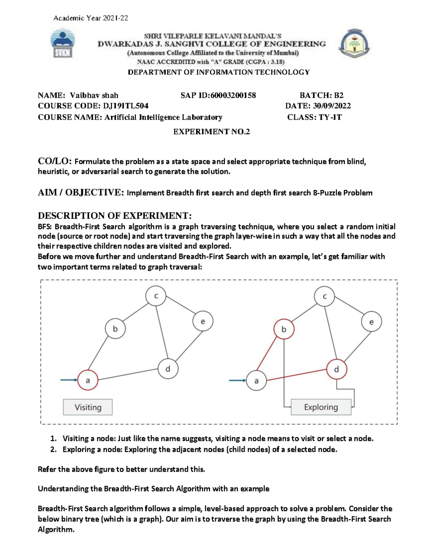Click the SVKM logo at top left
63,44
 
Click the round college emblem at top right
354,44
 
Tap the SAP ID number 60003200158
233,95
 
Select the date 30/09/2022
332,106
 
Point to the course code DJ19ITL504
125,106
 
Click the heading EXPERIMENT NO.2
211,132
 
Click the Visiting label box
88,407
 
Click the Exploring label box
321,407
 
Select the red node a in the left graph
88,380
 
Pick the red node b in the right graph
284,329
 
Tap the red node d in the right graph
337,369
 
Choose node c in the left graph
156,296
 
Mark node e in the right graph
371,322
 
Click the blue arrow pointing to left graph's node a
69,380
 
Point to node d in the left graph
168,369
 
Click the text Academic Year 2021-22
91,18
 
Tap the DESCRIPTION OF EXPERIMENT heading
115,216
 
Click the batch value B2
338,95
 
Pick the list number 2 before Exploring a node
53,449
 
